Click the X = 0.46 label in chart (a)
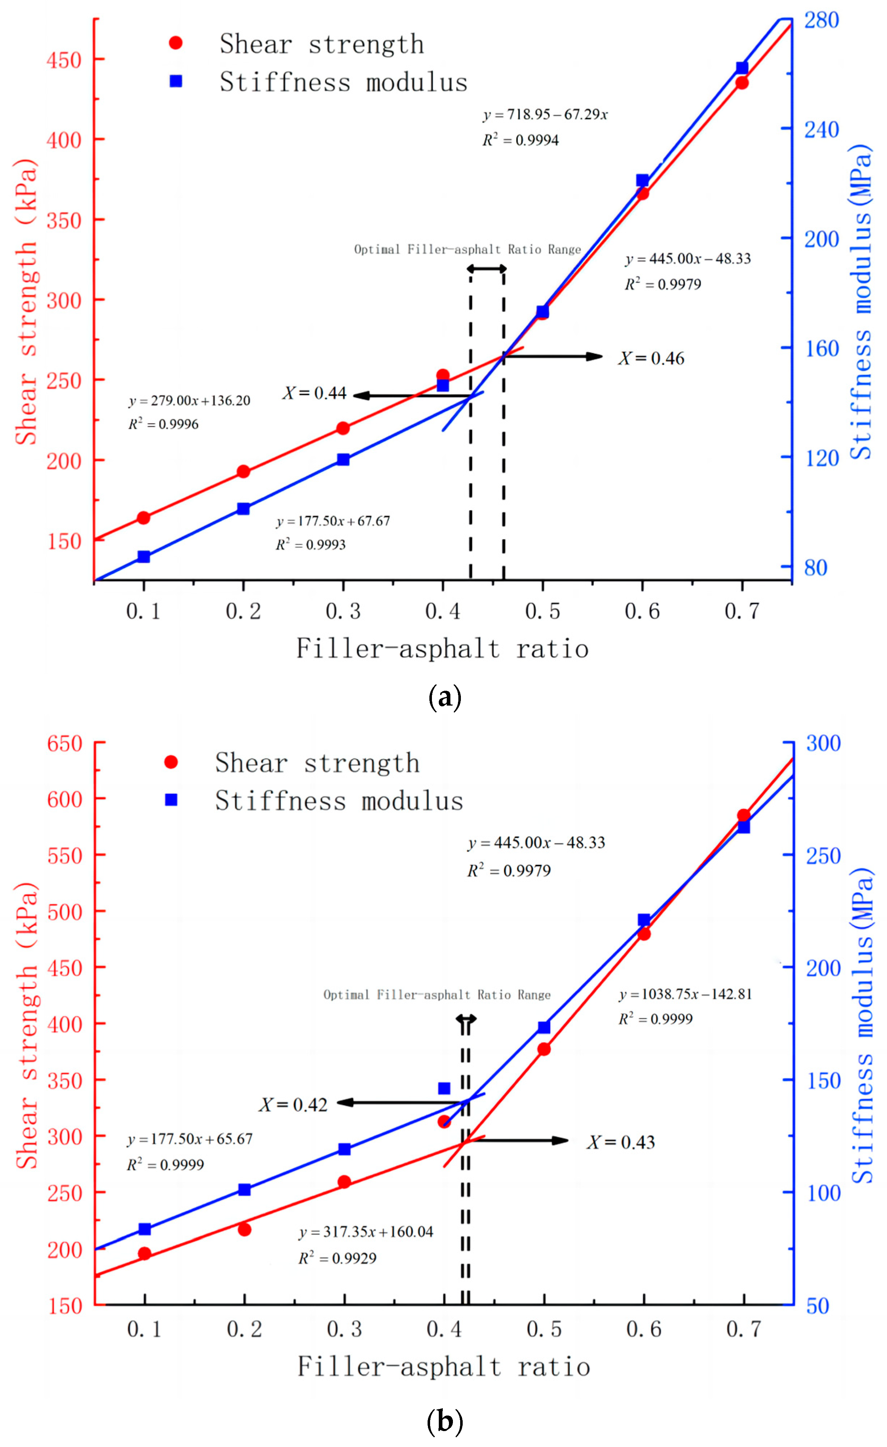click(651, 358)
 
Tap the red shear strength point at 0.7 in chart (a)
click(742, 83)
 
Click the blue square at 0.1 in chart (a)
click(144, 557)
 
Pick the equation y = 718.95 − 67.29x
click(545, 114)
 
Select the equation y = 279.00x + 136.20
click(189, 401)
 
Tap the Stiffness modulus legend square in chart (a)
click(176, 82)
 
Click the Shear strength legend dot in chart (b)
click(171, 762)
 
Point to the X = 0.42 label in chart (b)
click(293, 1105)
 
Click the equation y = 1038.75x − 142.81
click(685, 994)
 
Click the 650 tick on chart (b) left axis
click(64, 744)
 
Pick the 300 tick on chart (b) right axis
click(823, 744)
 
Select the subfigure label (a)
click(445, 698)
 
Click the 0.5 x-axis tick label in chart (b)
click(543, 1329)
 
